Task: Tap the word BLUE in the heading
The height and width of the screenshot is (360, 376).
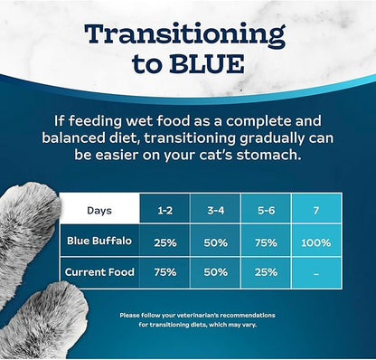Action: pyautogui.click(x=205, y=66)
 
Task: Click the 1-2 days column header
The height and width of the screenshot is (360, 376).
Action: pyautogui.click(x=164, y=210)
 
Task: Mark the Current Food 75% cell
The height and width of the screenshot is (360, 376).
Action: pyautogui.click(x=164, y=272)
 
